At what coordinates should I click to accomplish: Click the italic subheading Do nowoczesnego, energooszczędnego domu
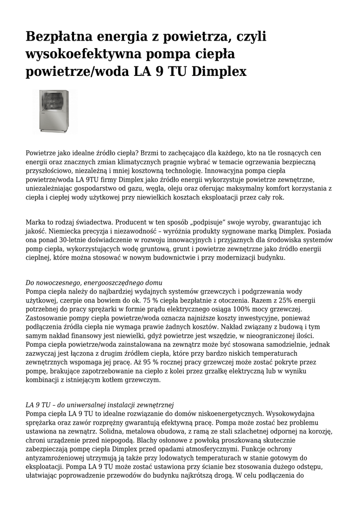coord(94,283)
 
